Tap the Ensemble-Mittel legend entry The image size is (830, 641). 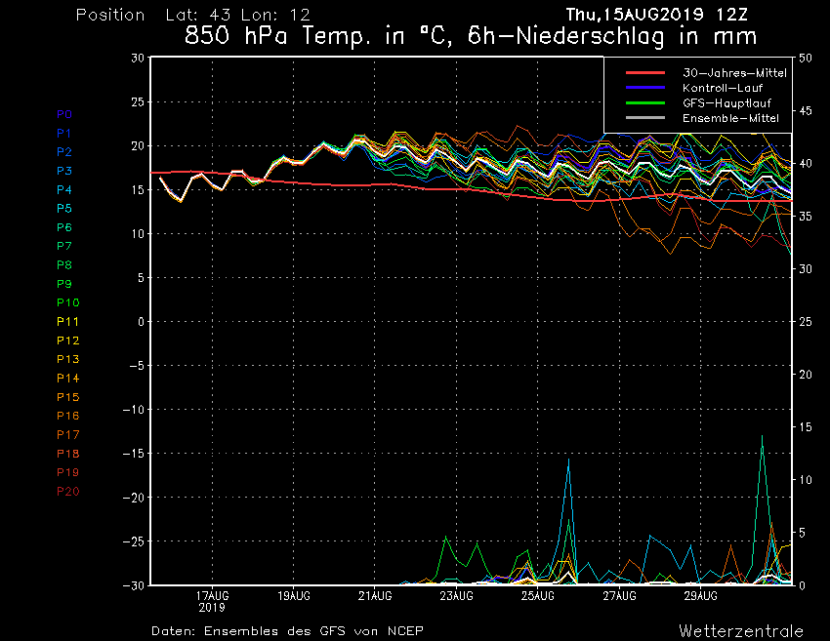[730, 117]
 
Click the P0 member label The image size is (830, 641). [63, 114]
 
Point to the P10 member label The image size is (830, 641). [67, 302]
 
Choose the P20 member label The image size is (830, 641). [67, 491]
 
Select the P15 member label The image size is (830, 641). [67, 397]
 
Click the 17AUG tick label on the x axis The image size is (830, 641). [213, 594]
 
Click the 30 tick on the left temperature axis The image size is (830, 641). [138, 58]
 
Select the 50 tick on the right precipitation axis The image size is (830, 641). [807, 58]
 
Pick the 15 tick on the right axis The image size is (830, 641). [807, 427]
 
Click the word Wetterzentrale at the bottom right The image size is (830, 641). [741, 630]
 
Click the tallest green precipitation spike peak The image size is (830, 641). [762, 436]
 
